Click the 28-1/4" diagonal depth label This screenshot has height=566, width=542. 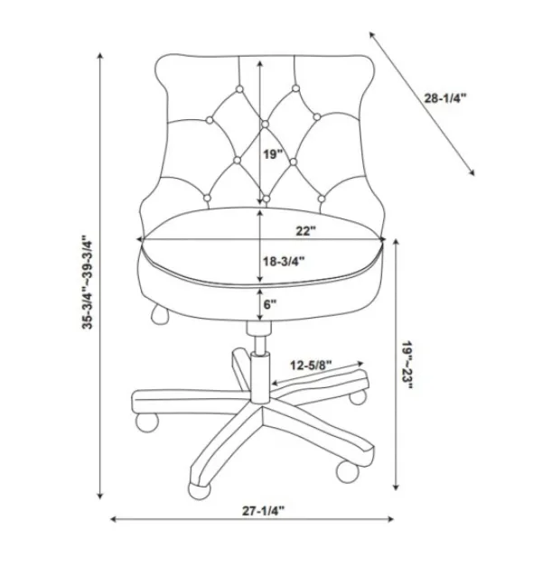[x=445, y=98]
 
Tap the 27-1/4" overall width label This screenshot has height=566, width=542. [x=264, y=510]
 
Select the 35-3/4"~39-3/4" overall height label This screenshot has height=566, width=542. [x=88, y=282]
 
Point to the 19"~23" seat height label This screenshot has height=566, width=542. [x=407, y=365]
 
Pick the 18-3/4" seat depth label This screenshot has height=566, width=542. [x=284, y=261]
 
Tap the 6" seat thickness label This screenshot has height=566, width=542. [x=270, y=304]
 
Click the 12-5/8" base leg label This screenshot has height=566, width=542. [x=311, y=366]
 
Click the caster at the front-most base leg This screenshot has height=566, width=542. [x=199, y=490]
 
